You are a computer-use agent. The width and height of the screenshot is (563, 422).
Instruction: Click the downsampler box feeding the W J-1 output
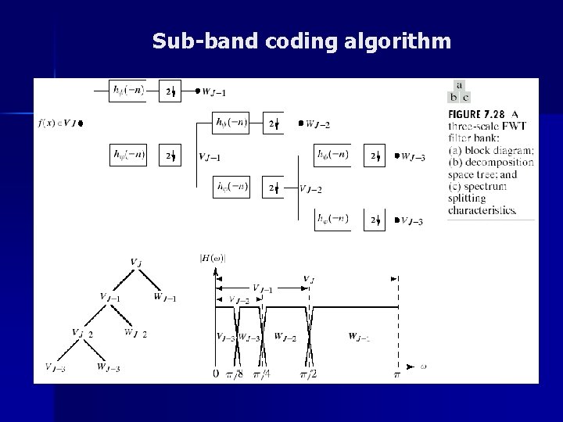click(x=170, y=91)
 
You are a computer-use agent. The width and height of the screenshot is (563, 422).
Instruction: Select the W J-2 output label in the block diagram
click(x=316, y=123)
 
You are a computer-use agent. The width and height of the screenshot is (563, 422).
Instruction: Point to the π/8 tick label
click(x=235, y=374)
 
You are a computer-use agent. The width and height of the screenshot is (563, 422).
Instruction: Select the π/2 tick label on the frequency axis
click(x=308, y=374)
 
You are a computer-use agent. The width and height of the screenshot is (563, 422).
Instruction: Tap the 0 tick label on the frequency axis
click(x=215, y=374)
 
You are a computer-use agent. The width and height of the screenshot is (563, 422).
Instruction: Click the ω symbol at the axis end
click(x=422, y=365)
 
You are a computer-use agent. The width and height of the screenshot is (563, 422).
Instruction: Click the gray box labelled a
click(x=459, y=85)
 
